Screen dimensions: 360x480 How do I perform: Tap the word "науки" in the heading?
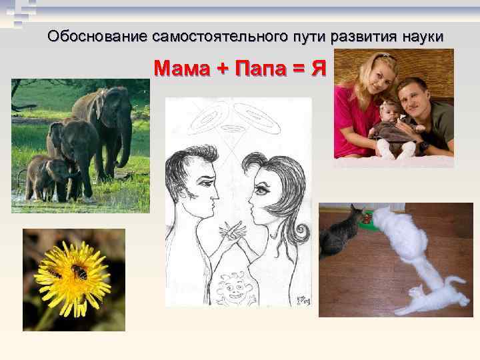(421, 36)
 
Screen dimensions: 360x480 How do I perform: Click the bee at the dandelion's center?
(78, 271)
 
